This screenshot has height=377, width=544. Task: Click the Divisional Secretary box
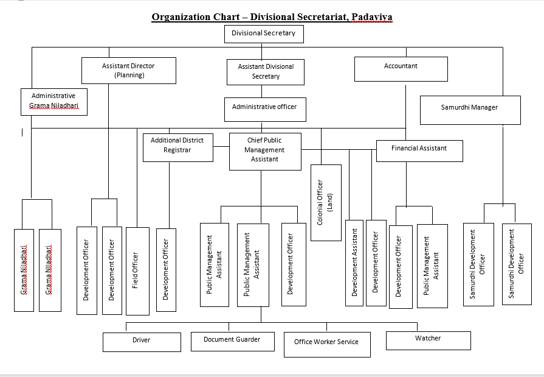click(x=264, y=34)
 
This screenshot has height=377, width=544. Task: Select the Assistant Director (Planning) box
click(x=129, y=71)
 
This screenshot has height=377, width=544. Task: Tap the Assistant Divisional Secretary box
click(x=266, y=72)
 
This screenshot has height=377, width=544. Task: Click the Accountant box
click(x=401, y=69)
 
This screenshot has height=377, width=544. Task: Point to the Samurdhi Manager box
click(x=470, y=110)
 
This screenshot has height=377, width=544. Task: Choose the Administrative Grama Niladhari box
click(x=54, y=102)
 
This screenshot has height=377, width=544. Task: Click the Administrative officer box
click(x=265, y=110)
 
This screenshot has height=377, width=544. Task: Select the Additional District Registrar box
click(x=178, y=148)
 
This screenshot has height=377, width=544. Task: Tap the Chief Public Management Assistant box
click(x=265, y=152)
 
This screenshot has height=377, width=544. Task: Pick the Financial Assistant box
click(x=419, y=151)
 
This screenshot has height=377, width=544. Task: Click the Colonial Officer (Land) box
click(x=326, y=203)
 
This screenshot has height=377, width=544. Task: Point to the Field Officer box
click(x=138, y=271)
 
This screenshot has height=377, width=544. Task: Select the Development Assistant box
click(x=354, y=263)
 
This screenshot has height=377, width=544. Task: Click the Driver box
click(x=142, y=342)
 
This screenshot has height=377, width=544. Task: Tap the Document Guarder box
click(x=232, y=342)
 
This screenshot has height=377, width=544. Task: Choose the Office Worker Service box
click(x=327, y=345)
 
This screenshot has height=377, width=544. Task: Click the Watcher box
click(x=429, y=340)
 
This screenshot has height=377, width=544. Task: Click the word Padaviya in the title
click(x=372, y=16)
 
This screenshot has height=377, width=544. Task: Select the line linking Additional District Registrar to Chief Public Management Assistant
click(x=221, y=146)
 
